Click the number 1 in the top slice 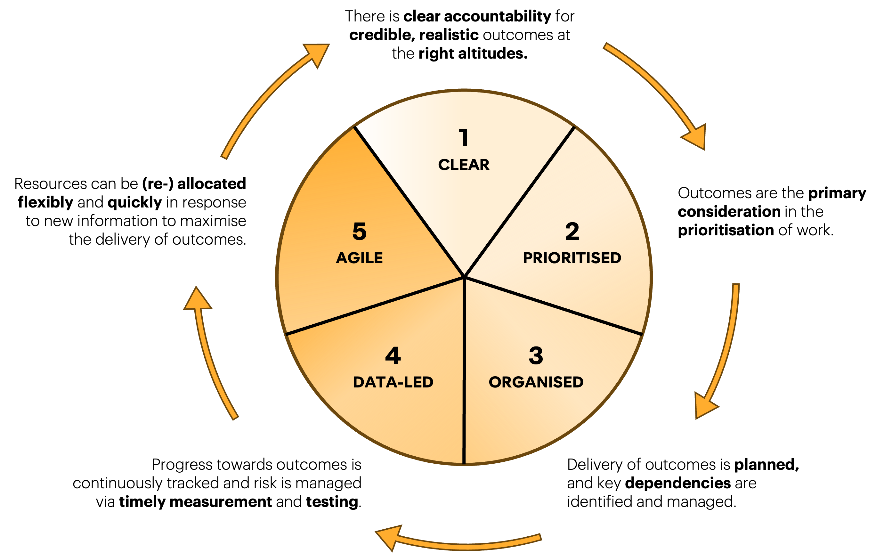(x=464, y=138)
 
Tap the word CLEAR (x=464, y=165)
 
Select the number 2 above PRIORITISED (x=572, y=232)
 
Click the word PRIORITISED (x=572, y=258)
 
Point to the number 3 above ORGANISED (x=536, y=355)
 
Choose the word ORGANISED (x=536, y=382)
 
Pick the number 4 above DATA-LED (x=393, y=355)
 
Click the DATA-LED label (x=393, y=382)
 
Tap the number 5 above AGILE (x=359, y=232)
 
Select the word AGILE (x=359, y=258)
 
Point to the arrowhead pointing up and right (x=317, y=53)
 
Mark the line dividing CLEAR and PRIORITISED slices (x=519, y=202)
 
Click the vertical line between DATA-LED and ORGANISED (x=464, y=370)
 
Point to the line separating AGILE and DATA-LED (x=375, y=306)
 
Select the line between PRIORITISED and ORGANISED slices (x=553, y=306)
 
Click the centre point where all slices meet (x=464, y=277)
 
